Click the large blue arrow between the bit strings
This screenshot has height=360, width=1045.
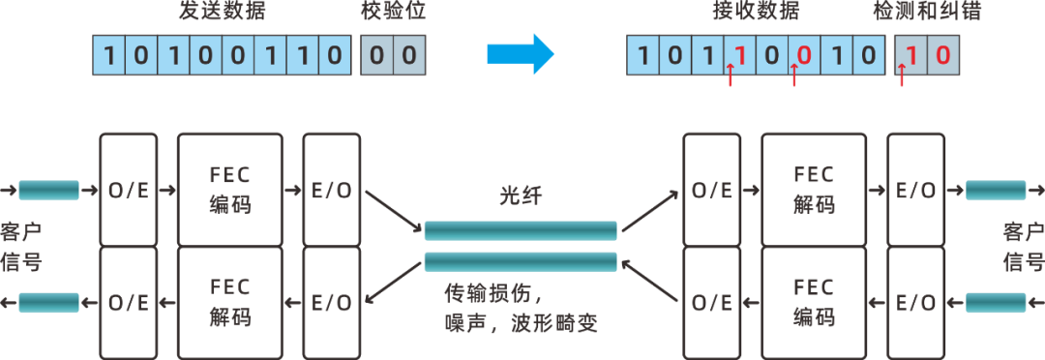(x=519, y=54)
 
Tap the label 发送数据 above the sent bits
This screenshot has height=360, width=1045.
(x=221, y=13)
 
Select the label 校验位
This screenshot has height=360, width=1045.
(x=391, y=13)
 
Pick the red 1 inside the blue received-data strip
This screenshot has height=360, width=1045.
(x=739, y=54)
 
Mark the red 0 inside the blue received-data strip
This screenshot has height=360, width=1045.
(x=803, y=54)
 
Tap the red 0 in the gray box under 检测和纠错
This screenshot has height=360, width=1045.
(x=940, y=54)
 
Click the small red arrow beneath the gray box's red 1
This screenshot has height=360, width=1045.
(x=902, y=75)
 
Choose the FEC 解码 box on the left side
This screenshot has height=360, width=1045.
(x=229, y=301)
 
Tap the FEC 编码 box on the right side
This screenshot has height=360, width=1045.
(x=813, y=301)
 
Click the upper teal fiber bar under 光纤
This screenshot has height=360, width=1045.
(x=520, y=230)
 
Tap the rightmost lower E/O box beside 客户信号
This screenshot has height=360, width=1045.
(x=914, y=301)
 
